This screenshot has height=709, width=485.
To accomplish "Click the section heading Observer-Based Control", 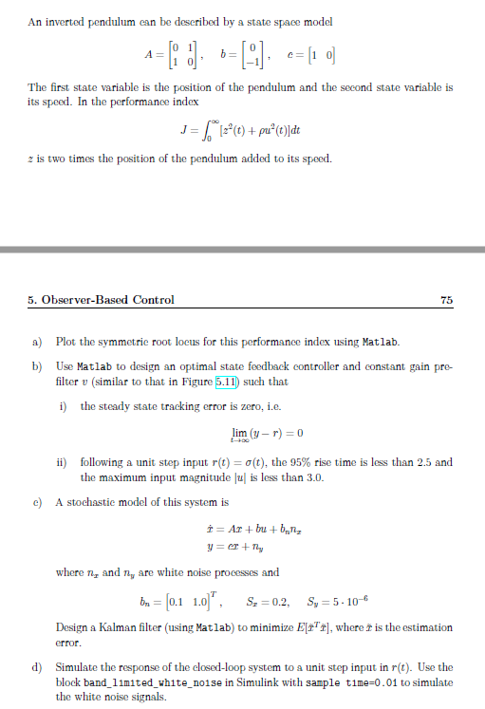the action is pos(101,300).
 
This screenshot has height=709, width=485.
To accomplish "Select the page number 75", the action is pos(446,300).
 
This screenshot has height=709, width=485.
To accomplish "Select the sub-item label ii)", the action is pos(63,462).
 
